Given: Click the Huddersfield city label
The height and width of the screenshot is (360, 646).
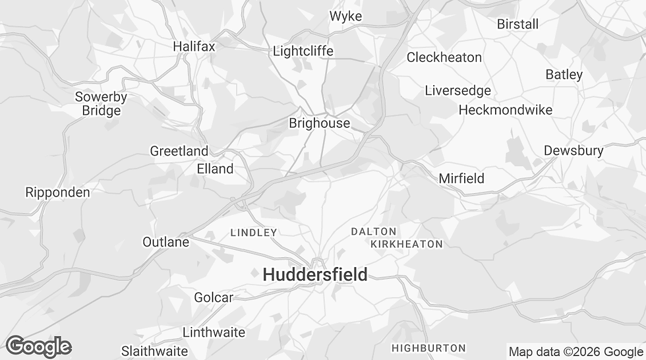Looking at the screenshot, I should point(315,275).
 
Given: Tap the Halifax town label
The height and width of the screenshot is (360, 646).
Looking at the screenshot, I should point(194,46).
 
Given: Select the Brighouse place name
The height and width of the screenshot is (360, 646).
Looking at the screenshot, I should point(319,123).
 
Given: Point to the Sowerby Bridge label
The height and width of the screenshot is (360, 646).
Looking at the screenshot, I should point(101,104).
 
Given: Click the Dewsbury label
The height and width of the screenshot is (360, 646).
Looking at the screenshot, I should point(573,150).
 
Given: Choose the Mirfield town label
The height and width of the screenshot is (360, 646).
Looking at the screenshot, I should point(461,178).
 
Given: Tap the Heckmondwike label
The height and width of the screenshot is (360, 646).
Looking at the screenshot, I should point(505,109).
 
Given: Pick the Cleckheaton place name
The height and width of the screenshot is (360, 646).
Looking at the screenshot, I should point(444,57).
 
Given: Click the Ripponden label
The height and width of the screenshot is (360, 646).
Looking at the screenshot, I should point(57,193).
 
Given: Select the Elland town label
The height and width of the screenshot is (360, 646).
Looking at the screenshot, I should point(215,169).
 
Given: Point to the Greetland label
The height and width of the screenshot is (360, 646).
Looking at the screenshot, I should point(179,151).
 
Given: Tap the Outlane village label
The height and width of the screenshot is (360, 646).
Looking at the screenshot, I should point(165,242).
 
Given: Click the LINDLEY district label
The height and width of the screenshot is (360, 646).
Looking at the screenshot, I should point(254,232).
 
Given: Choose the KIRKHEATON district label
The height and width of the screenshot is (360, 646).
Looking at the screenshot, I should point(406,244).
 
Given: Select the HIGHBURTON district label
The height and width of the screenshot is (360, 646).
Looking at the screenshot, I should point(428,347).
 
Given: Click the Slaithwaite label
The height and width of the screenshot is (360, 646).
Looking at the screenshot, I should point(154,351).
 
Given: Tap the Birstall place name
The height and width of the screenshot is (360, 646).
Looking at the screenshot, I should point(517,24).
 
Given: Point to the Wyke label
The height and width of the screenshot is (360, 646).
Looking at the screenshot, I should point(345,16).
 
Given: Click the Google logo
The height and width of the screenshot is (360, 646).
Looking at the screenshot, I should point(38,346).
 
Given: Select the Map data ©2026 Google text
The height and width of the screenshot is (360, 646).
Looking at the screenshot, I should point(575,351).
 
